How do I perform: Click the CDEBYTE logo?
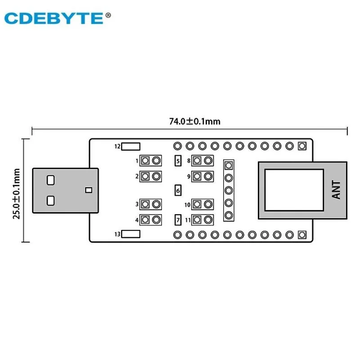coord(54,18)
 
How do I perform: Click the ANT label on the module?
coord(336,189)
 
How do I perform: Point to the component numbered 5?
coord(178,161)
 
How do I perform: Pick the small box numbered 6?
coord(178,190)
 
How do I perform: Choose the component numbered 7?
coord(178,220)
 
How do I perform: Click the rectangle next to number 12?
coord(131,146)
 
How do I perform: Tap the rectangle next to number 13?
coord(131,234)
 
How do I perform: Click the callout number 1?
coord(136,161)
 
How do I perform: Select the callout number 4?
coord(136,220)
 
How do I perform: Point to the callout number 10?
coord(187,205)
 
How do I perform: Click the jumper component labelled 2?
coord(151,176)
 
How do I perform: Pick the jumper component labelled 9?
coord(202,176)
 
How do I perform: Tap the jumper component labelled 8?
coord(202,161)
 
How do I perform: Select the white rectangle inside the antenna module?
coord(293,190)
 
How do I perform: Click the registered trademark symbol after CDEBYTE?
coord(108,15)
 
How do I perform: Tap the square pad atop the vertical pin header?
coord(229,166)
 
